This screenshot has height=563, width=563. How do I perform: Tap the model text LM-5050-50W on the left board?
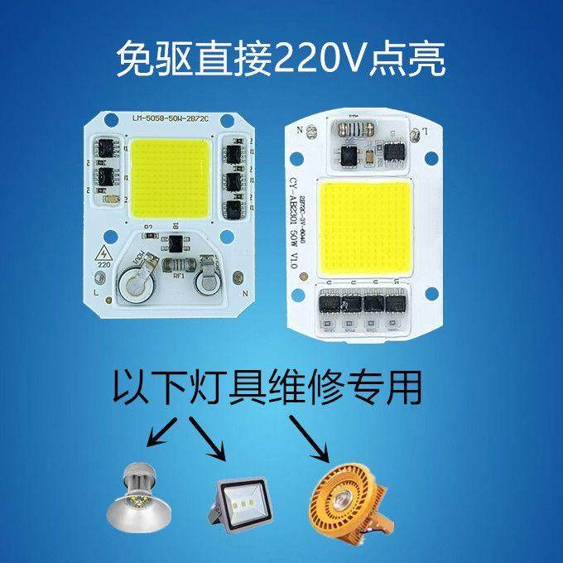pos(162,118)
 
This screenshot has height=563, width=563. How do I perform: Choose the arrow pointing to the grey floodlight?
pos(206,439)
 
